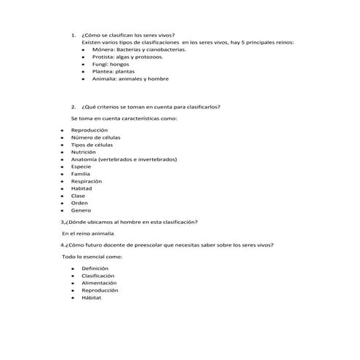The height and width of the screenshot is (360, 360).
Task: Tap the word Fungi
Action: point(100,64)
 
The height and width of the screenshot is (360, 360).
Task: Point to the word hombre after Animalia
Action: point(158,79)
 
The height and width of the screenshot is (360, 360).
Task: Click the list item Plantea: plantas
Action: point(113,71)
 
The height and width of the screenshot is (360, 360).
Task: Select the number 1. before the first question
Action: point(73,35)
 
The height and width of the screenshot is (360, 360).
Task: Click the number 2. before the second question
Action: point(73,107)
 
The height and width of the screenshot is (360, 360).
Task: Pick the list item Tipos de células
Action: point(92,144)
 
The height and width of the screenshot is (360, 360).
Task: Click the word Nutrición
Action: point(84,151)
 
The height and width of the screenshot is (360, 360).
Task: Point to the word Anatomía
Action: point(86,159)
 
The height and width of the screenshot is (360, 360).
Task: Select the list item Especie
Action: point(81,167)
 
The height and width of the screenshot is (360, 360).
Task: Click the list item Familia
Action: point(81,174)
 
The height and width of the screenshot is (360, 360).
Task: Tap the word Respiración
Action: point(86,181)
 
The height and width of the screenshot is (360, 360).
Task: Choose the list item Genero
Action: point(81,210)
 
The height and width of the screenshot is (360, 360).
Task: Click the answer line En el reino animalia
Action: point(88,233)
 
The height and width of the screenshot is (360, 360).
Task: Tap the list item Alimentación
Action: point(100,283)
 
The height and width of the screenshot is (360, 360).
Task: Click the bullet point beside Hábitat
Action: point(73,298)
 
